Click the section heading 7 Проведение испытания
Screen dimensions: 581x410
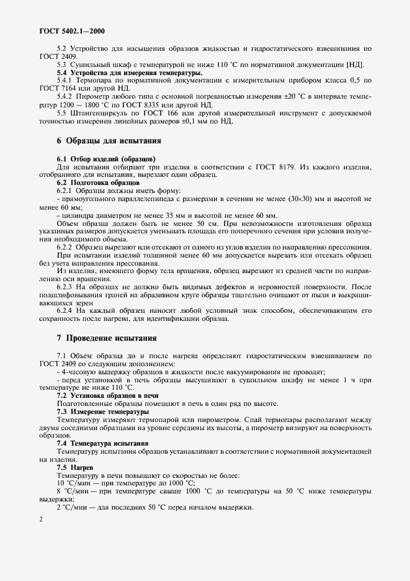pos(106,339)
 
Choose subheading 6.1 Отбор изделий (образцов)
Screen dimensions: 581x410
pos(106,160)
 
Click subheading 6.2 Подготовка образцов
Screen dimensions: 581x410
pos(98,182)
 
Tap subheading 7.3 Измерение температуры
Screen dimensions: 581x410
pos(102,412)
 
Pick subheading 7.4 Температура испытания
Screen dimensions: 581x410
pos(102,443)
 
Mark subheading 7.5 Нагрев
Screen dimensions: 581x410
pos(73,467)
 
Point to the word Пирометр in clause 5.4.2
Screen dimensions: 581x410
pos(93,97)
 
